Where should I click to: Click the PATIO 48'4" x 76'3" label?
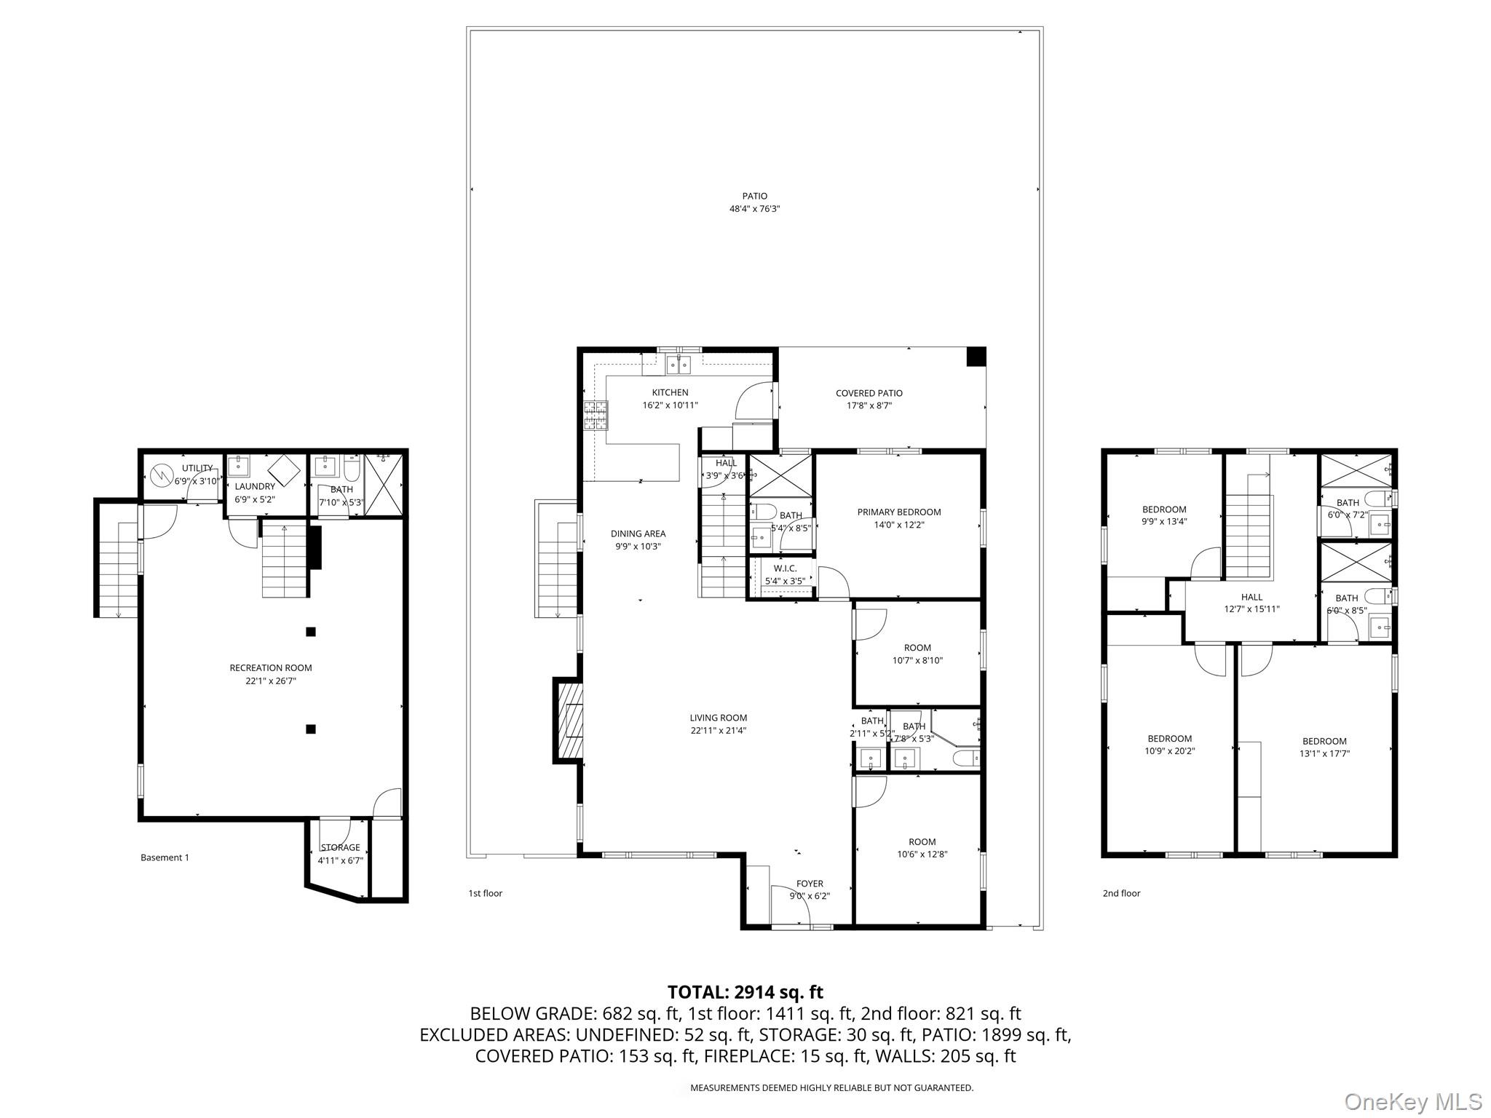click(755, 202)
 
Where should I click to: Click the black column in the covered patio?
click(976, 357)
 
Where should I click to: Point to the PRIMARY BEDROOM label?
click(899, 518)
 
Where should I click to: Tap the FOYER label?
click(810, 889)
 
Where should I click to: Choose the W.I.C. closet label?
click(785, 574)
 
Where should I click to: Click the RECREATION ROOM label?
click(271, 674)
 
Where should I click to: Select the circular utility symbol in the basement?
click(160, 477)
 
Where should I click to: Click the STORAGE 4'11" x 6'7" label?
click(340, 853)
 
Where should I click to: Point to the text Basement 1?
click(165, 857)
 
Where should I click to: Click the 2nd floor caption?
click(1121, 893)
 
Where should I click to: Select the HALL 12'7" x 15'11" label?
click(1251, 603)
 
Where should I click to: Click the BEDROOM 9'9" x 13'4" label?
click(1164, 515)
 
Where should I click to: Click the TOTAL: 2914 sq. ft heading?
click(745, 991)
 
